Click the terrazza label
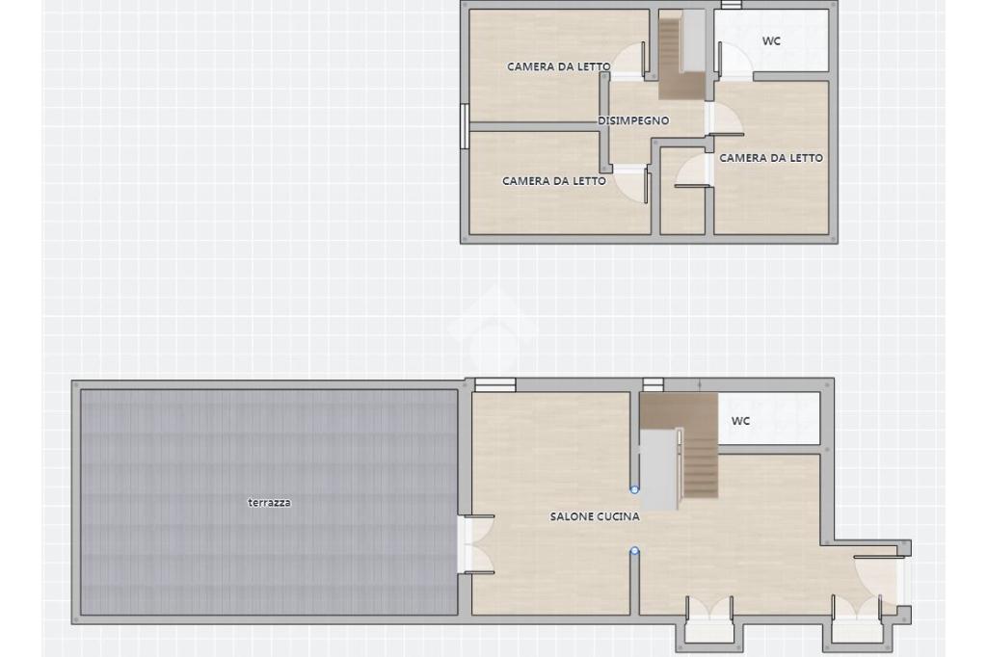tap(269, 503)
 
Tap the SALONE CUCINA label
tap(595, 516)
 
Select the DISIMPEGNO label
tap(633, 120)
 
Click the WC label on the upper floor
tap(771, 40)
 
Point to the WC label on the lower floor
tap(740, 421)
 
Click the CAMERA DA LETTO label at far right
tap(771, 158)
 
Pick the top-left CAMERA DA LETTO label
tap(559, 66)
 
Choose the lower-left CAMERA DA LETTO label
tap(554, 181)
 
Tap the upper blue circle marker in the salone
tap(634, 488)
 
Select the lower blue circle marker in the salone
tap(634, 551)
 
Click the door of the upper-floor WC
tap(734, 61)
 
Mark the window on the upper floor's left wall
tap(464, 126)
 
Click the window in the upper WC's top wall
tap(731, 5)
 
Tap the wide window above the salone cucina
tap(494, 385)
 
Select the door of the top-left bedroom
tap(629, 61)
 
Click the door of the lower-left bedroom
tap(631, 183)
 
